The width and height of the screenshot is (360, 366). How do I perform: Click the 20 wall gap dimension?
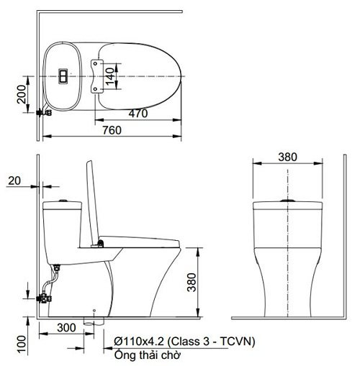(17, 181)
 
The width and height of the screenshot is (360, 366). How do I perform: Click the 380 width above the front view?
(287, 157)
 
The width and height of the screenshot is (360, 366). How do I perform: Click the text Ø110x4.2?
(138, 340)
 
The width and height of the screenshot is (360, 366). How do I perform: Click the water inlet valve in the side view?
(48, 295)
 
